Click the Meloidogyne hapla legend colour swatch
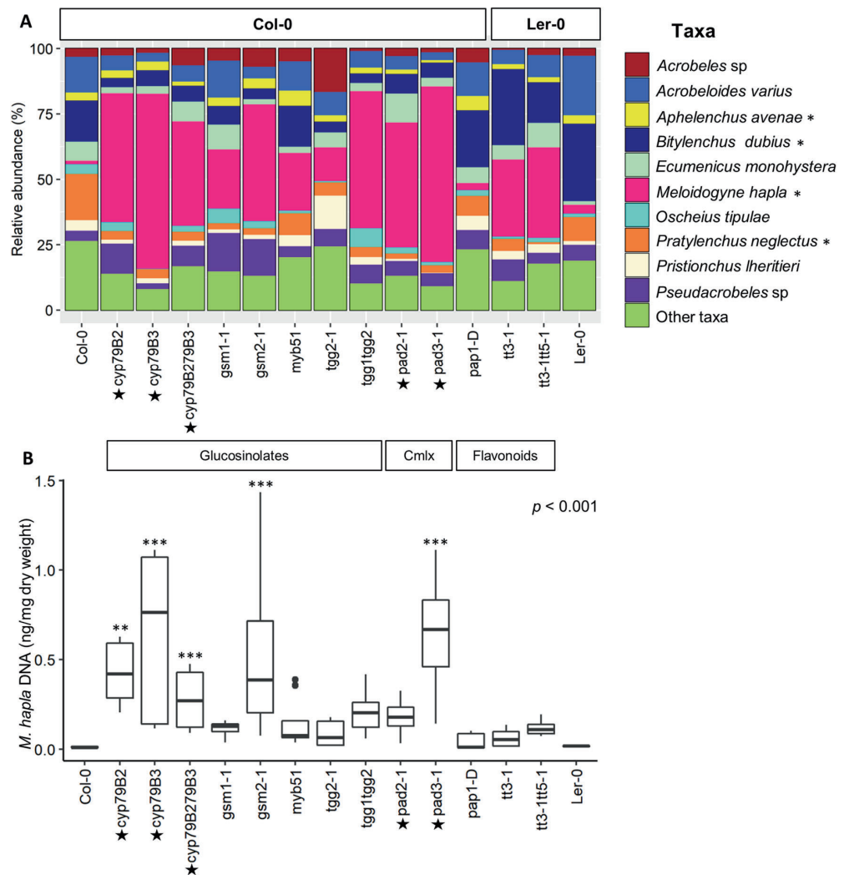click(x=639, y=190)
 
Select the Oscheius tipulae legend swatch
click(x=639, y=215)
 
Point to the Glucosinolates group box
click(x=244, y=457)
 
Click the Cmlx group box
click(x=417, y=457)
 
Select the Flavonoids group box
click(x=506, y=457)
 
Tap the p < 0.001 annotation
click(x=565, y=507)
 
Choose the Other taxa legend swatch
click(x=639, y=316)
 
